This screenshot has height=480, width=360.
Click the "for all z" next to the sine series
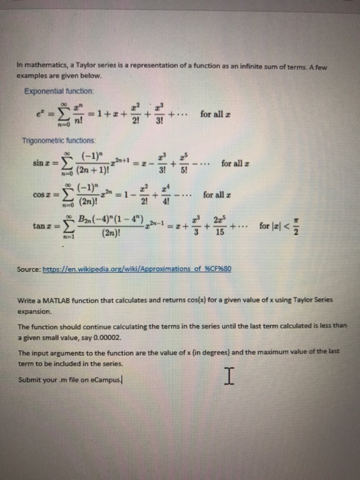coord(236,164)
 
